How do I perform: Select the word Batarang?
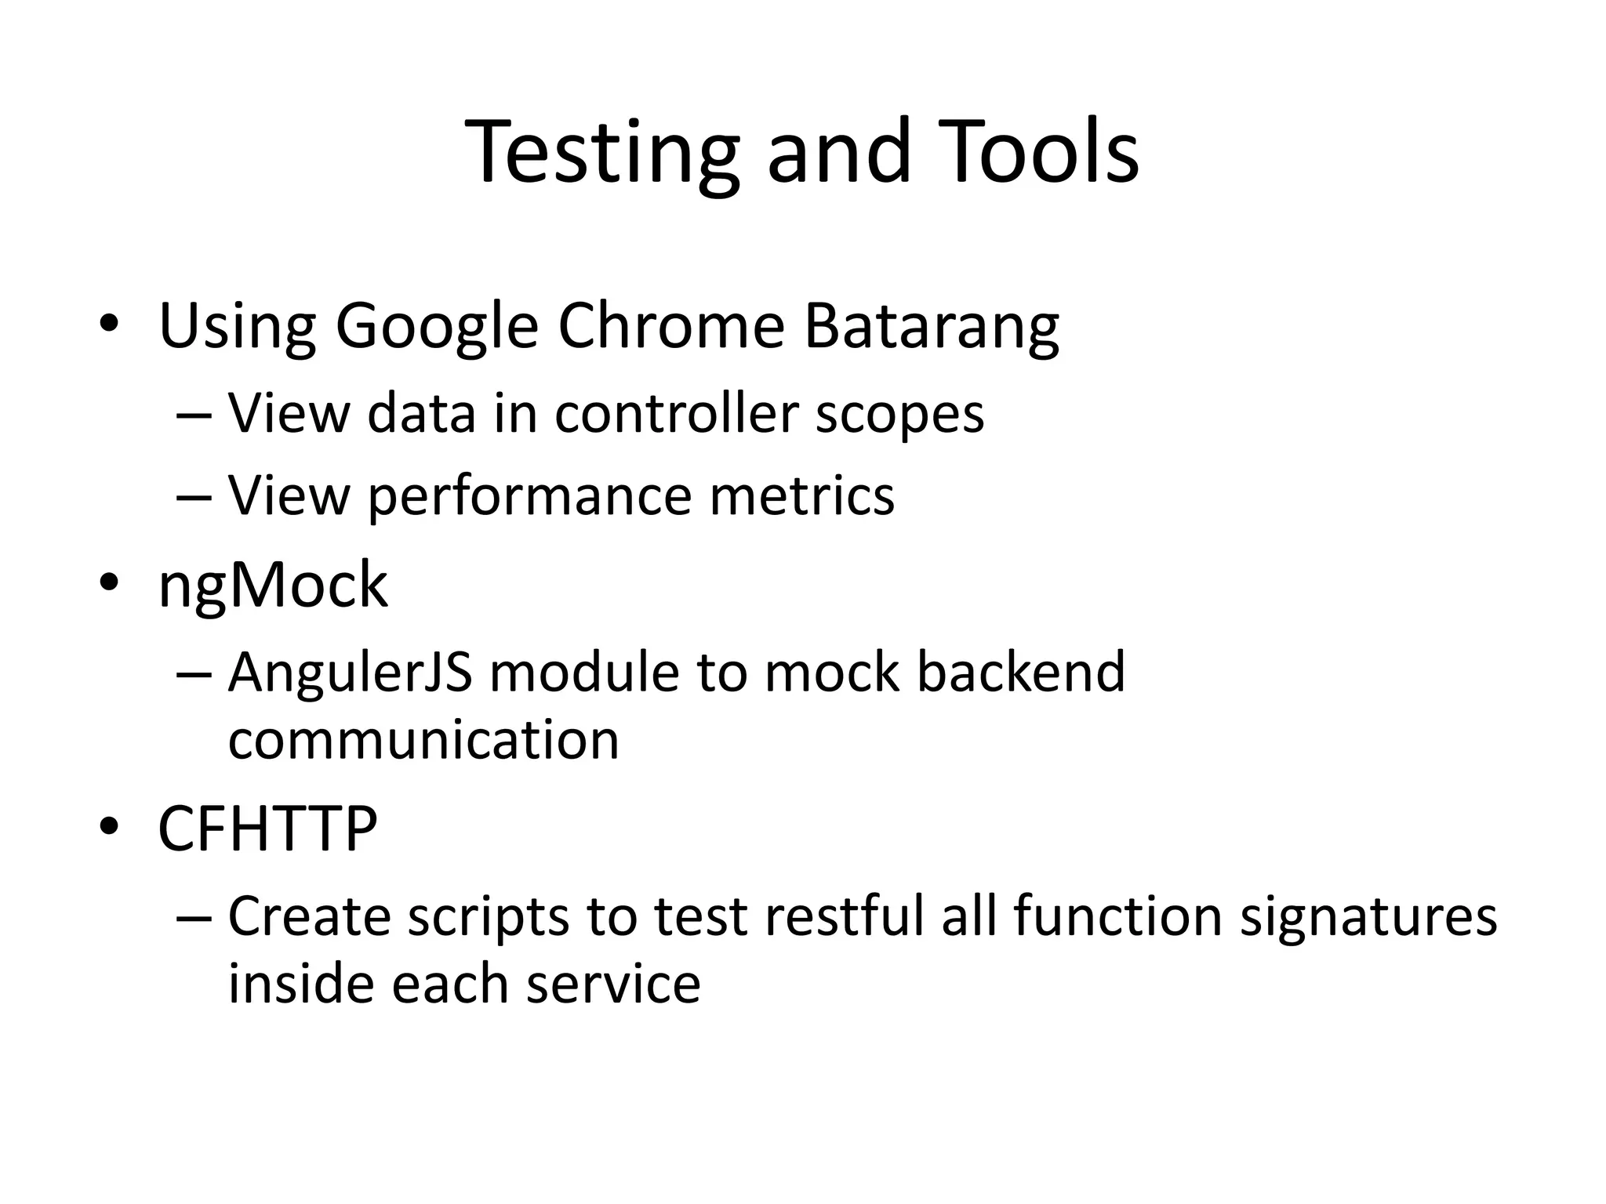(931, 327)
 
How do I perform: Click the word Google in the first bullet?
(437, 327)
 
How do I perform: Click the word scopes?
(899, 414)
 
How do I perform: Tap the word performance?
(530, 497)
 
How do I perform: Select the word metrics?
(801, 495)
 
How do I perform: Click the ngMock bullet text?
(272, 586)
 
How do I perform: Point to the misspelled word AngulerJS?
(350, 673)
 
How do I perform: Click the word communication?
(423, 739)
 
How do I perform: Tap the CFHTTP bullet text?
(267, 829)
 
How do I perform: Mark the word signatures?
(1368, 917)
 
